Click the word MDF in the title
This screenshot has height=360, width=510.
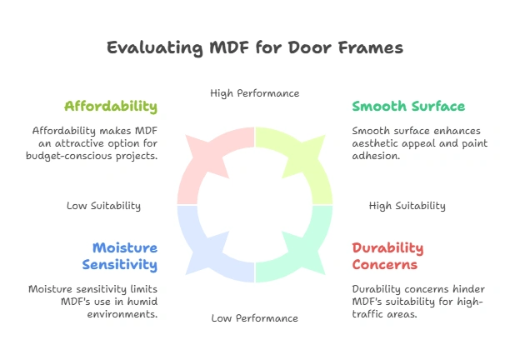(x=219, y=47)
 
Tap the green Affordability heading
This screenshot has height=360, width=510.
(x=111, y=107)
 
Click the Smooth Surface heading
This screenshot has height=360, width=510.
(x=408, y=107)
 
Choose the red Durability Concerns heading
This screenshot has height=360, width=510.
(x=387, y=256)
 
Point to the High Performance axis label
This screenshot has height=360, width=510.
(x=254, y=93)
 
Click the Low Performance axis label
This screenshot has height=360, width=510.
(x=254, y=318)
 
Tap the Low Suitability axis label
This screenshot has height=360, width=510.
(x=103, y=206)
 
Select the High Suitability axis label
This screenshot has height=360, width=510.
(x=407, y=206)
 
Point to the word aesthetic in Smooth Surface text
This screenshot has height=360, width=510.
(x=372, y=143)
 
